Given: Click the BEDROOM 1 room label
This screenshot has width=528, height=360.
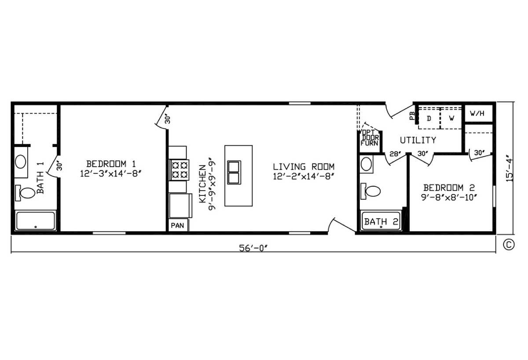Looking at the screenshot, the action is (111, 164).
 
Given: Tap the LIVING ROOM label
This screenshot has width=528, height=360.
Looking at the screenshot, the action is (304, 167).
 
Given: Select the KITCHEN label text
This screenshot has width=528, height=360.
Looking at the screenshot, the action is (202, 184).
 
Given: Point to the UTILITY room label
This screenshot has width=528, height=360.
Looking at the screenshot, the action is (418, 140).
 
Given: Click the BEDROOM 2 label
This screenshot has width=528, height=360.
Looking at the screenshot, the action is (449, 187).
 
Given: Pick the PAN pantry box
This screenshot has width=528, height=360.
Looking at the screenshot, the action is (178, 225).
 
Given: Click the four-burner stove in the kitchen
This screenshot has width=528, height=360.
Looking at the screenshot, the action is (179, 170).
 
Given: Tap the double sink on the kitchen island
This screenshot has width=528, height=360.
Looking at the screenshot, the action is (234, 173).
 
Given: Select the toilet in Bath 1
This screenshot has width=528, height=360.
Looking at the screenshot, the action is (25, 193).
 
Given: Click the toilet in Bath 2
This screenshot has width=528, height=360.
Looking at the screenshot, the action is (370, 191).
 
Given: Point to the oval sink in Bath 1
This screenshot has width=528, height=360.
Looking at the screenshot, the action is (21, 162).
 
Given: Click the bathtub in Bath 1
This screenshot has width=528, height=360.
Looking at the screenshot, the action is (35, 220).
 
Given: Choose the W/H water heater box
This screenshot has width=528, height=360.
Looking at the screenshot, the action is (479, 114).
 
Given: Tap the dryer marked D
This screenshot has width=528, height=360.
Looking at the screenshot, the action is (429, 118).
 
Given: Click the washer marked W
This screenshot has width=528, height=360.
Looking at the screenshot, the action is (451, 118).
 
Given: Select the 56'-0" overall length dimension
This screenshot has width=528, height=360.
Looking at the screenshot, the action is (253, 248).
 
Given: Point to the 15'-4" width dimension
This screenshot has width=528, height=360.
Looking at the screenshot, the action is (509, 168).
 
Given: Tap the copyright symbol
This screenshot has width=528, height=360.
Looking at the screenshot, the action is (509, 245).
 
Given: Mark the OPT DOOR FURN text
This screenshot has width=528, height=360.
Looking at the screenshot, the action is (370, 138).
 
